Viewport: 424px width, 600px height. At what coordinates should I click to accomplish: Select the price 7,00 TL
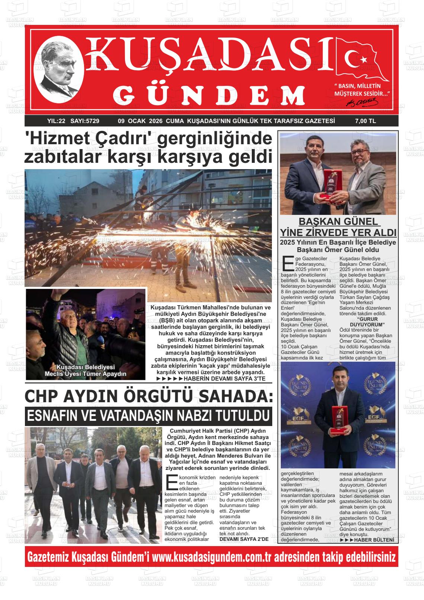click(x=366, y=121)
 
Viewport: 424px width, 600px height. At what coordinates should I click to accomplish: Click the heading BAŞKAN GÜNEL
click(x=338, y=222)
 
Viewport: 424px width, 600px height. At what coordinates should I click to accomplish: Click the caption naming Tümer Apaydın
click(x=86, y=374)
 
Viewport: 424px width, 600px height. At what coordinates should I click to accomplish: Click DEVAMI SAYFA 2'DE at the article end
click(x=244, y=539)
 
